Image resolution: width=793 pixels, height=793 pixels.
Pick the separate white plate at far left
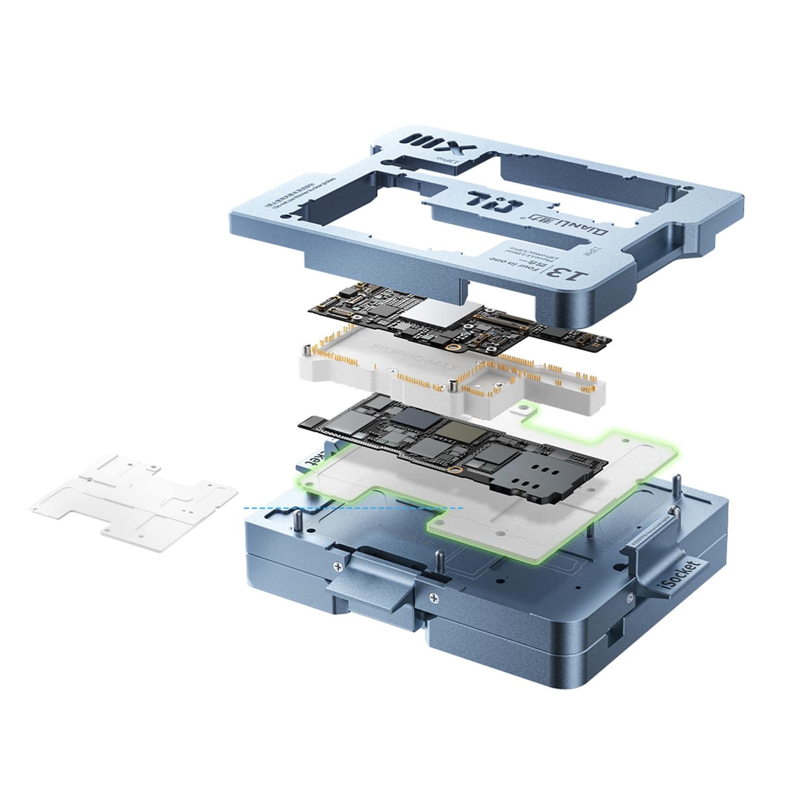point(135,492)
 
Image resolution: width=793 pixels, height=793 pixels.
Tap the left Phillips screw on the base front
point(337,566)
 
